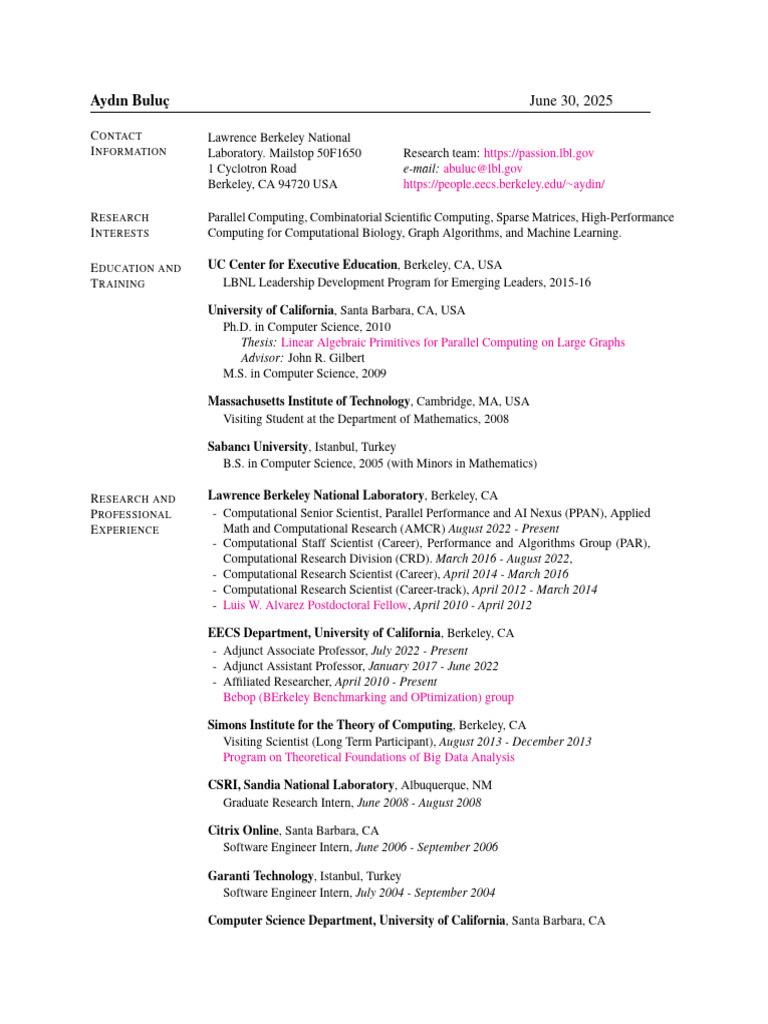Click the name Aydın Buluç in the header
click(x=131, y=101)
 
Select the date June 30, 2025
click(x=571, y=101)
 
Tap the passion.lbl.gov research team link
click(x=539, y=153)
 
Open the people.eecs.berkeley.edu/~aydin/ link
click(x=504, y=185)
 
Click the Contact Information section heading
click(x=128, y=143)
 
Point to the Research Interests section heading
click(x=120, y=225)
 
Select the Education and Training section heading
click(x=135, y=275)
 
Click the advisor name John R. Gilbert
click(x=326, y=358)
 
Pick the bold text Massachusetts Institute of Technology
click(x=308, y=401)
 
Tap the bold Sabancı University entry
click(x=257, y=446)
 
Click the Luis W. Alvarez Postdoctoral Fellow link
click(x=315, y=605)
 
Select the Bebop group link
click(x=368, y=697)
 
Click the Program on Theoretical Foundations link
click(x=369, y=758)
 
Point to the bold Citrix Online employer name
click(x=243, y=830)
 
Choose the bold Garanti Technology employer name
click(x=261, y=876)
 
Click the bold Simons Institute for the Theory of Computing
click(x=330, y=724)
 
